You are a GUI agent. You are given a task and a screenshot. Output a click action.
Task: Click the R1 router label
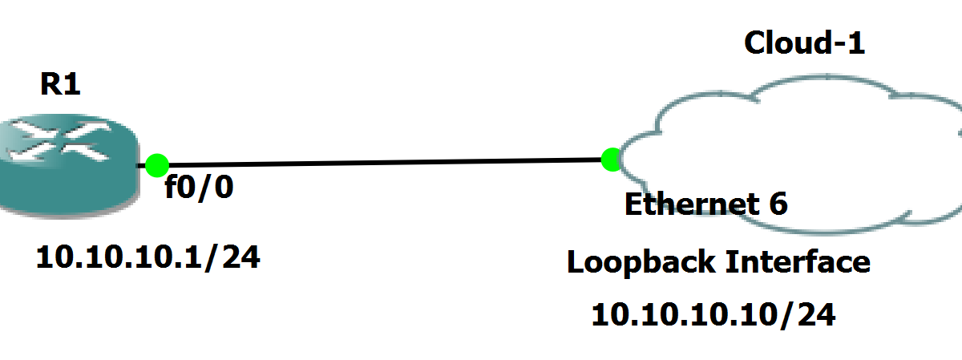[60, 83]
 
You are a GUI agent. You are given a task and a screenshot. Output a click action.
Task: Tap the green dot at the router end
[156, 164]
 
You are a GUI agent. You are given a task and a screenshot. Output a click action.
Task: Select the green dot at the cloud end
[612, 159]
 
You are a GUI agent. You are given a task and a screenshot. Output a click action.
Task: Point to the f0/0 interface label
[200, 188]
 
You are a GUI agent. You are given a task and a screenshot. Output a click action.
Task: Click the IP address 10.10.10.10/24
[713, 314]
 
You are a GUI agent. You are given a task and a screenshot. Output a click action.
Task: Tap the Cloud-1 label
[804, 42]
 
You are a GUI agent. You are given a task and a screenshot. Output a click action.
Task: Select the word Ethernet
[681, 204]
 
